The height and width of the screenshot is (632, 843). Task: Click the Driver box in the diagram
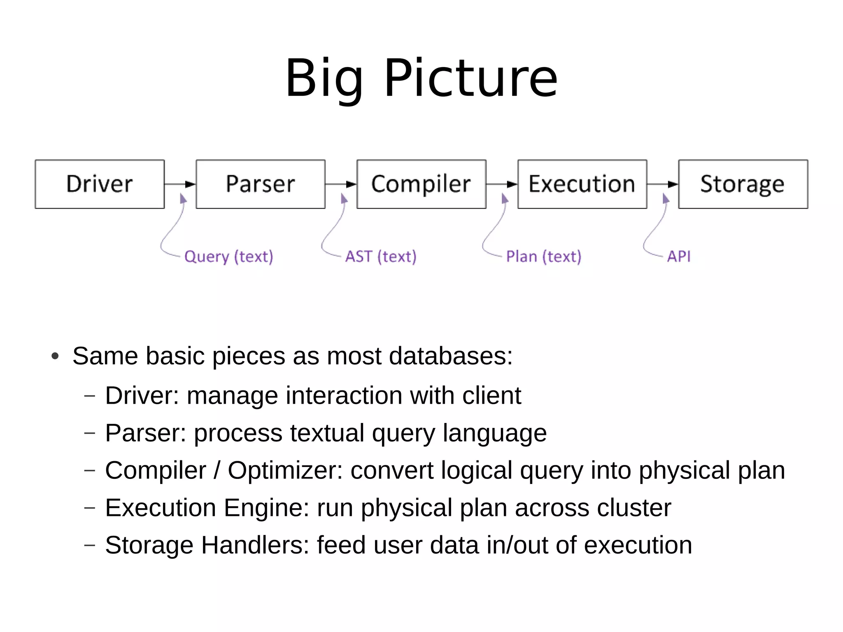coord(100,184)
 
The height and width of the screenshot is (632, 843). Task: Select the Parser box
coord(261,184)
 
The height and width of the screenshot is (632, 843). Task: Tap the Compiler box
coord(421,184)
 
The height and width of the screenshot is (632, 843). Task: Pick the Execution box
coord(582,184)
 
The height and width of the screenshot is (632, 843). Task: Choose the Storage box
coord(743,184)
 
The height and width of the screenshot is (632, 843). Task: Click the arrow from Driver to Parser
coord(180,184)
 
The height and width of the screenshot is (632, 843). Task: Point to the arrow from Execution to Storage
coord(662,184)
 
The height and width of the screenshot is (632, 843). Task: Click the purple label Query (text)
coord(228,257)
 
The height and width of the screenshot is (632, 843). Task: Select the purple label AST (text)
coord(381,257)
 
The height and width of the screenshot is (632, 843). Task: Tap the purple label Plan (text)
coord(543,257)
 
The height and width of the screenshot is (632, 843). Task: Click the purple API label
coord(679,256)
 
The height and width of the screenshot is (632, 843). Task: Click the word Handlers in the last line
coord(255,545)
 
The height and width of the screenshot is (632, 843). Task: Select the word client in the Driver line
coord(491,395)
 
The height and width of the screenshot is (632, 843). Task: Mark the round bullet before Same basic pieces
coord(55,356)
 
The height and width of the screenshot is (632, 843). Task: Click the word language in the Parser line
coord(494,433)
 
